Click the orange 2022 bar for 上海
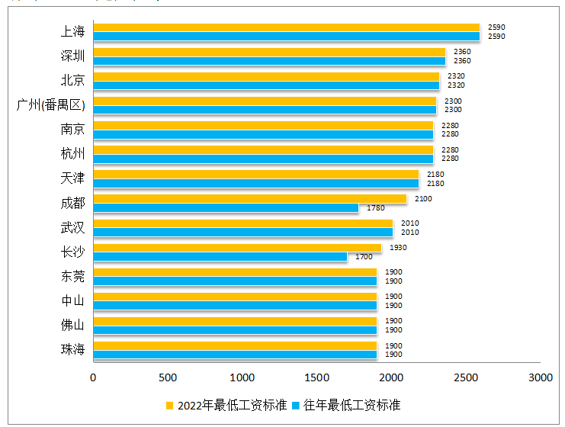coord(286,27)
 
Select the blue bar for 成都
coord(226,207)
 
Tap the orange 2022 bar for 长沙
coord(237,248)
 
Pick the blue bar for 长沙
coord(220,257)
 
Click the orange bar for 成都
coord(249,199)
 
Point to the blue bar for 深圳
coord(269,61)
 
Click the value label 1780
coord(376,208)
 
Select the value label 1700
coord(364,257)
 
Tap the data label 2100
coord(423,199)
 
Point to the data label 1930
coord(398,248)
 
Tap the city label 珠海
coord(72,349)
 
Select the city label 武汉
coord(72,227)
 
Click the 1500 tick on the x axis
coord(317,377)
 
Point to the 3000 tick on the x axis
coord(541,377)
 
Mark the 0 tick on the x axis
coord(94,377)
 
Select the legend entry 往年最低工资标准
coord(352,404)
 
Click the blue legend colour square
coord(297,404)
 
